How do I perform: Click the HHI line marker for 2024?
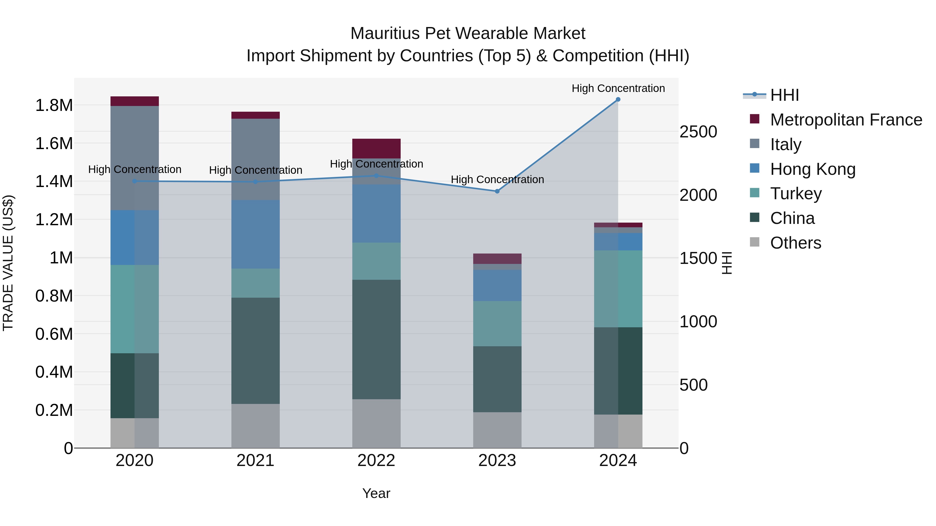618,99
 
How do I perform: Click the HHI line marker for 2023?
497,191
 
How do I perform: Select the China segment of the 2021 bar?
255,350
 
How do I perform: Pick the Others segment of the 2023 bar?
497,430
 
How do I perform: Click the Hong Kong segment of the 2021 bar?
255,234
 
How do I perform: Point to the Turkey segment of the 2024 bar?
618,289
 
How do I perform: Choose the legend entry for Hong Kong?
812,169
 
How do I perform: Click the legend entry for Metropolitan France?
846,120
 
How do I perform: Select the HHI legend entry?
784,95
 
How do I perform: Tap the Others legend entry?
795,243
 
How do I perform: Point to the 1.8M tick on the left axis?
54,105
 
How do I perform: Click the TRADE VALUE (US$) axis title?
8,263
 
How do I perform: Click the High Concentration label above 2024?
618,88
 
